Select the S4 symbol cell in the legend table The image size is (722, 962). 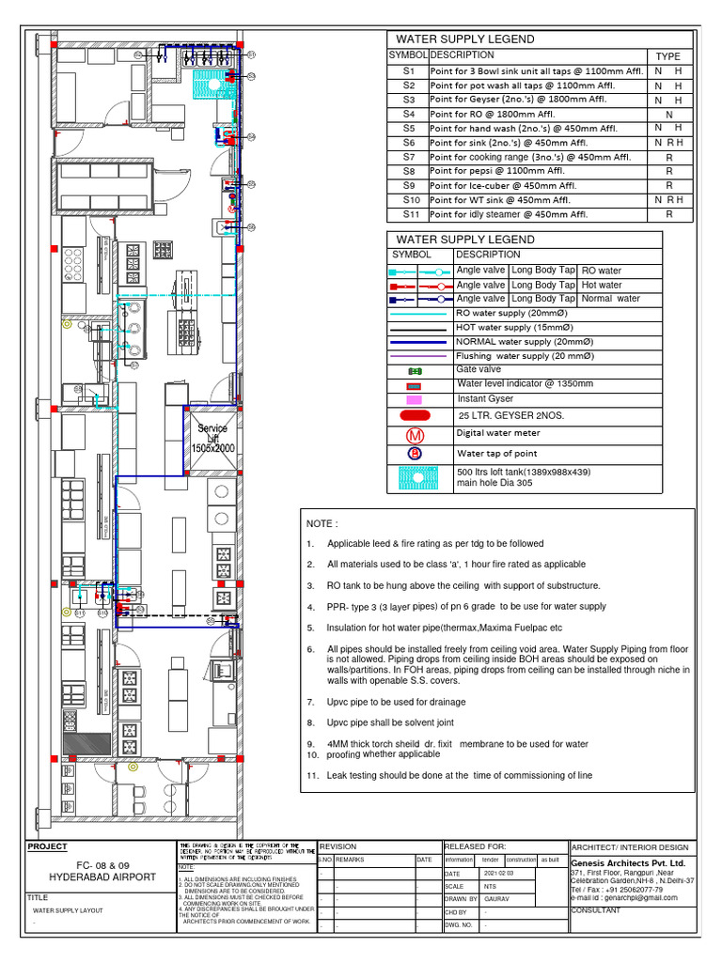(x=408, y=114)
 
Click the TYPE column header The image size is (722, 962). (x=667, y=56)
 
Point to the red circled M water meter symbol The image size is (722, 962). (x=414, y=435)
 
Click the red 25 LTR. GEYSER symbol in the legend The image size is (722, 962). (x=414, y=415)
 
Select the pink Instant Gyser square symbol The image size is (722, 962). (x=414, y=399)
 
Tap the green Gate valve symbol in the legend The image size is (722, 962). (x=414, y=371)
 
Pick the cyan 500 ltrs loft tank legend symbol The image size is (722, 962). (x=414, y=477)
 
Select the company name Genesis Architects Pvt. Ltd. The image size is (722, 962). (x=628, y=862)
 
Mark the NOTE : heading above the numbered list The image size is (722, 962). (x=322, y=523)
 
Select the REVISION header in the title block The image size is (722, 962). (x=339, y=846)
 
